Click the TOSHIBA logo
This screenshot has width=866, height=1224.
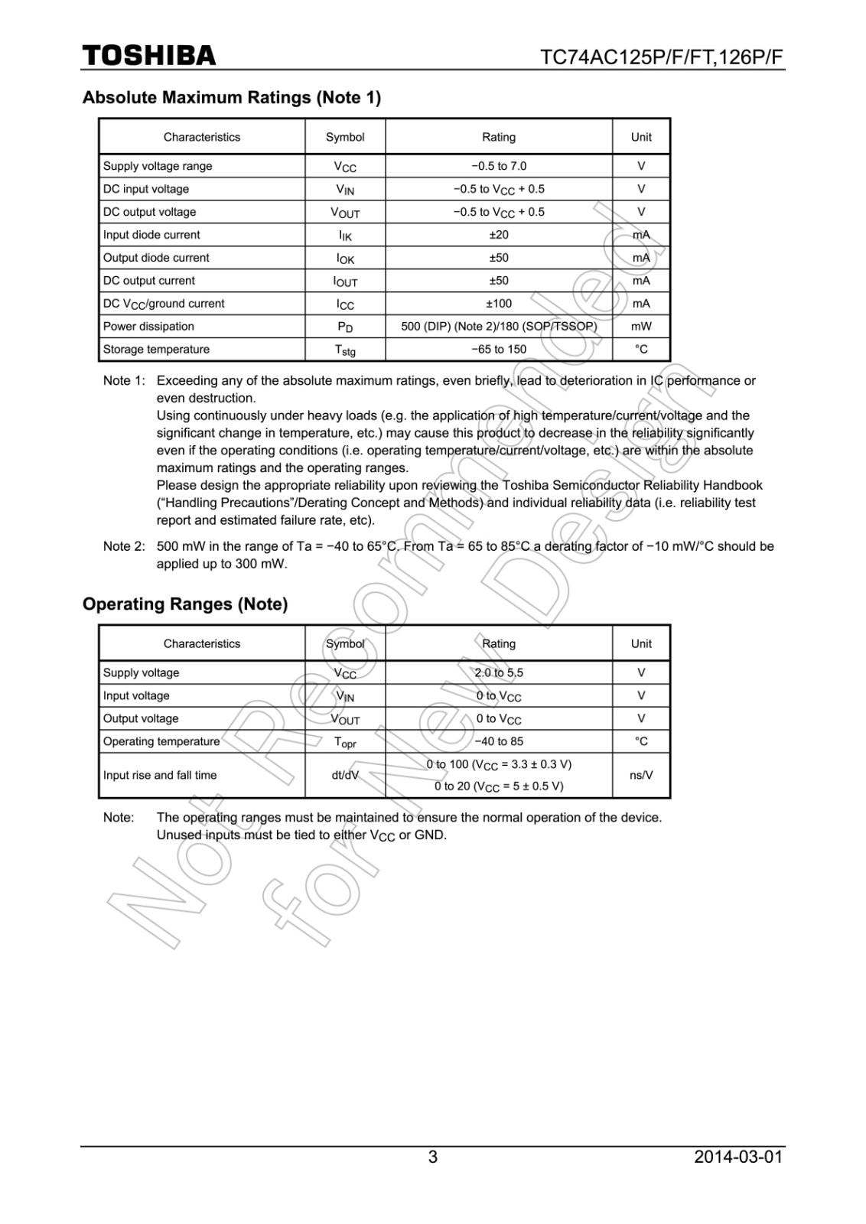coord(149,56)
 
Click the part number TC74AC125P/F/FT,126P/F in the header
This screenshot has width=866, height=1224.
coord(662,58)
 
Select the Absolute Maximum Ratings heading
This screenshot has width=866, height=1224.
coord(231,98)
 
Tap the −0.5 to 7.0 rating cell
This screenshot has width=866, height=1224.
coord(499,166)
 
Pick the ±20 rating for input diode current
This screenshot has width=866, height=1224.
coord(499,235)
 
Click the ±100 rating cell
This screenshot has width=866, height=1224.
coord(499,304)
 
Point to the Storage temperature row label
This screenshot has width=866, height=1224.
coord(156,350)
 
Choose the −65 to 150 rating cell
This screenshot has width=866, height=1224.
coord(499,350)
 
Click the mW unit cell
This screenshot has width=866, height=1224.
coord(641,327)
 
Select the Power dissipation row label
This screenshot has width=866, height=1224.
coord(148,327)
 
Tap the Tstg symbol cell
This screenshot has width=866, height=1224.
coord(345,350)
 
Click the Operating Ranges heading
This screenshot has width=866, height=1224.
coord(185,604)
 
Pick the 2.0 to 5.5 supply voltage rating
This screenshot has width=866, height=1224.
coord(499,673)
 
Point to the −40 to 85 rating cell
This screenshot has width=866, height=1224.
coord(499,741)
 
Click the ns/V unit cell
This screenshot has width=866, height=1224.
coord(641,775)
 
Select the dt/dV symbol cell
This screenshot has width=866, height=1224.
coord(345,775)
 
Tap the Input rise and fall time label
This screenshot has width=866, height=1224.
coord(160,775)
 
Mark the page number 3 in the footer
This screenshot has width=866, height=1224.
coord(433,1157)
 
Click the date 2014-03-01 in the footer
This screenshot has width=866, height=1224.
coord(738,1157)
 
